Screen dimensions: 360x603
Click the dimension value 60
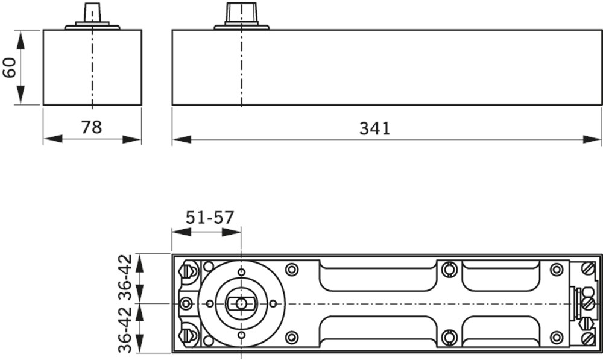click(x=9, y=66)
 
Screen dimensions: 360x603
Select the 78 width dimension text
click(x=92, y=127)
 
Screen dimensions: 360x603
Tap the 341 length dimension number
click(x=374, y=128)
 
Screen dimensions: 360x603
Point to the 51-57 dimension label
click(x=209, y=218)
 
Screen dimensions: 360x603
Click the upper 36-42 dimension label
click(x=125, y=277)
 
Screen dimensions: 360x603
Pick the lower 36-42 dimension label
click(x=125, y=329)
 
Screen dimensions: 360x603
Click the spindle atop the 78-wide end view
click(x=92, y=13)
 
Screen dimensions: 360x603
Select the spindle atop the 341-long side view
click(x=241, y=13)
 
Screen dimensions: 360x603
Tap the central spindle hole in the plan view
click(x=241, y=303)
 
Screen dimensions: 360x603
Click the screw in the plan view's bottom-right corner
click(x=588, y=339)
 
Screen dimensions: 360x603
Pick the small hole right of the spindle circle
click(x=273, y=303)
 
